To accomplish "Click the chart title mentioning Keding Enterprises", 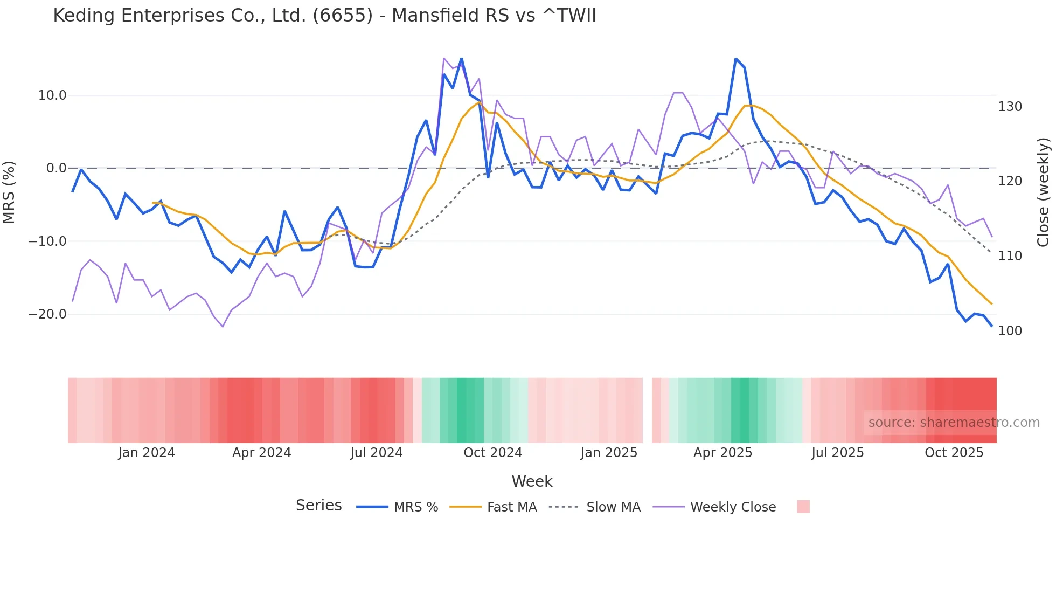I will click(x=324, y=16).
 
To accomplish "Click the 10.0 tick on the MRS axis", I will click(x=52, y=95).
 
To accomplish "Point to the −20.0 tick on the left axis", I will click(x=47, y=314).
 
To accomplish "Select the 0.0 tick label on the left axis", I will click(x=56, y=168).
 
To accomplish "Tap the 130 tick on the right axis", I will click(x=1010, y=107).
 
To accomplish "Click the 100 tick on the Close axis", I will click(x=1010, y=331).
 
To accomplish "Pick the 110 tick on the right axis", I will click(x=1010, y=256).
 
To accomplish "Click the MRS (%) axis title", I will click(x=9, y=192).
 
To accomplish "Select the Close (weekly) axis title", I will click(x=1043, y=192).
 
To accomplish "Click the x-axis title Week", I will click(x=532, y=481).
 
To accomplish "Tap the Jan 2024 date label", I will click(x=147, y=453).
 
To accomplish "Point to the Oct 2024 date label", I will click(x=492, y=453).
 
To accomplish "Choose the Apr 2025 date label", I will click(x=722, y=453).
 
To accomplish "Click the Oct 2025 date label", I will click(x=954, y=453).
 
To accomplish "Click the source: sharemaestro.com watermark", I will click(x=954, y=423).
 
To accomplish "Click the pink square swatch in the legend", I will click(x=803, y=507).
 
